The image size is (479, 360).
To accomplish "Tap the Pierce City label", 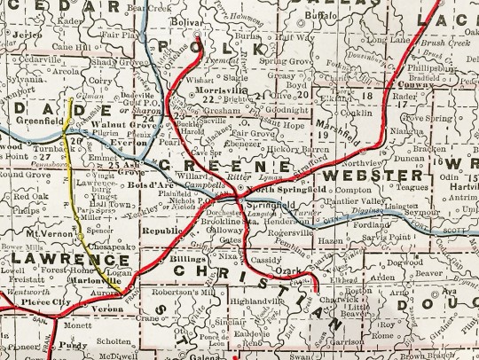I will click(36, 302).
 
